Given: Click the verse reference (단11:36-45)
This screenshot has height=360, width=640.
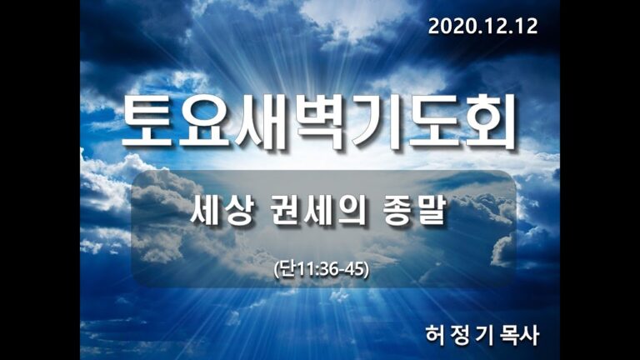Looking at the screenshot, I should coord(321,269).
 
